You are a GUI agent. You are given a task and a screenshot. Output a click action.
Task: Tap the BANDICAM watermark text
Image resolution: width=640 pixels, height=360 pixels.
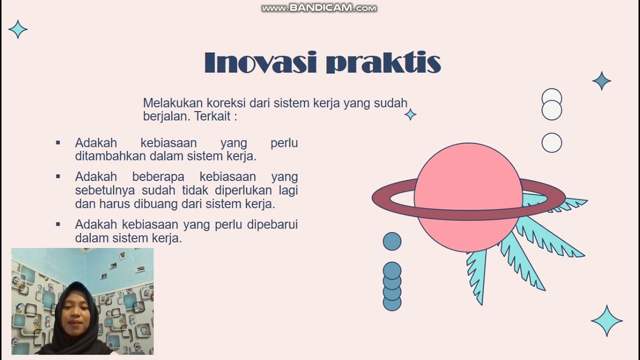pyautogui.click(x=319, y=8)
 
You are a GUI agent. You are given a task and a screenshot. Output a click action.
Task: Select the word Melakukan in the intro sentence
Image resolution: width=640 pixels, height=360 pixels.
pyautogui.click(x=167, y=103)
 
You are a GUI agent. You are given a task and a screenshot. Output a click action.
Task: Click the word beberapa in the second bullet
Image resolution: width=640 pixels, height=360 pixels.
pyautogui.click(x=158, y=176)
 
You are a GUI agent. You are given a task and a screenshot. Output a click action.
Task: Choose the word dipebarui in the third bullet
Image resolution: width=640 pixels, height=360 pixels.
pyautogui.click(x=272, y=224)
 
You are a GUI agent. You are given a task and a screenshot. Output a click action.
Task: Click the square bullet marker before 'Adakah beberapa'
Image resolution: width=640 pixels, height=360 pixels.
pyautogui.click(x=58, y=176)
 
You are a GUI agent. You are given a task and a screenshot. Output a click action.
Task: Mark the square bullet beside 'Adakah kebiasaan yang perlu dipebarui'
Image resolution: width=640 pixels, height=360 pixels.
pyautogui.click(x=58, y=224)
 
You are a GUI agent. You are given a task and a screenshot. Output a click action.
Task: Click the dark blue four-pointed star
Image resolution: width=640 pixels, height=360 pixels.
pyautogui.click(x=601, y=81)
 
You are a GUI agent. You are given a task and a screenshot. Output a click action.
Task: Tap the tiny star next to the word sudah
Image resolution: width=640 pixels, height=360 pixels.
pyautogui.click(x=410, y=115)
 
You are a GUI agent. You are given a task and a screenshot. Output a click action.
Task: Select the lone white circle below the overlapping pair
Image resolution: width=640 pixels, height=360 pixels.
pyautogui.click(x=551, y=143)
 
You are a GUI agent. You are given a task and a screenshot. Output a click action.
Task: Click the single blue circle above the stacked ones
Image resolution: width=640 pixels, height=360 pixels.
pyautogui.click(x=392, y=241)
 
